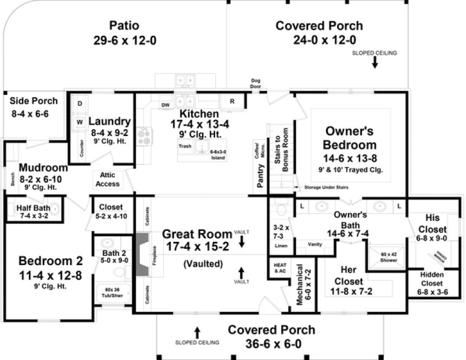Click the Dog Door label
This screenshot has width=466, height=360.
coord(256,83)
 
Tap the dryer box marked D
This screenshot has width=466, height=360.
coord(79,103)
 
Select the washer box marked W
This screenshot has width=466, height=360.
coord(79,122)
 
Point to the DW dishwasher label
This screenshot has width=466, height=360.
coord(164,105)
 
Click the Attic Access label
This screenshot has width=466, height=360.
coord(107,179)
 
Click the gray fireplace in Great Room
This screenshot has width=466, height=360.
coord(141,255)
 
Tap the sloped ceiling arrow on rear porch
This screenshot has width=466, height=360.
coord(374,63)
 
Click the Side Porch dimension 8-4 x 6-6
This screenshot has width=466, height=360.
coord(30,114)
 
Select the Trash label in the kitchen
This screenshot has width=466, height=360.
coord(184,146)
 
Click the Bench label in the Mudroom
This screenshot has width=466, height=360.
coord(11,179)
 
